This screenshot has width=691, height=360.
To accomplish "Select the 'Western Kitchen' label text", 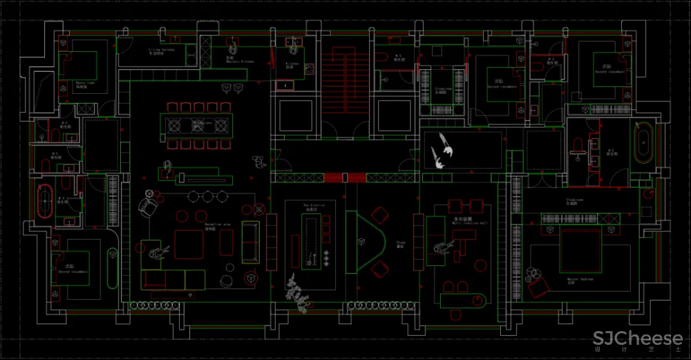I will (x=240, y=60).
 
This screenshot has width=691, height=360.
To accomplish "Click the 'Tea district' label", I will (x=314, y=205).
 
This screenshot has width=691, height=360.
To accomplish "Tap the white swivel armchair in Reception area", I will (x=146, y=205).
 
